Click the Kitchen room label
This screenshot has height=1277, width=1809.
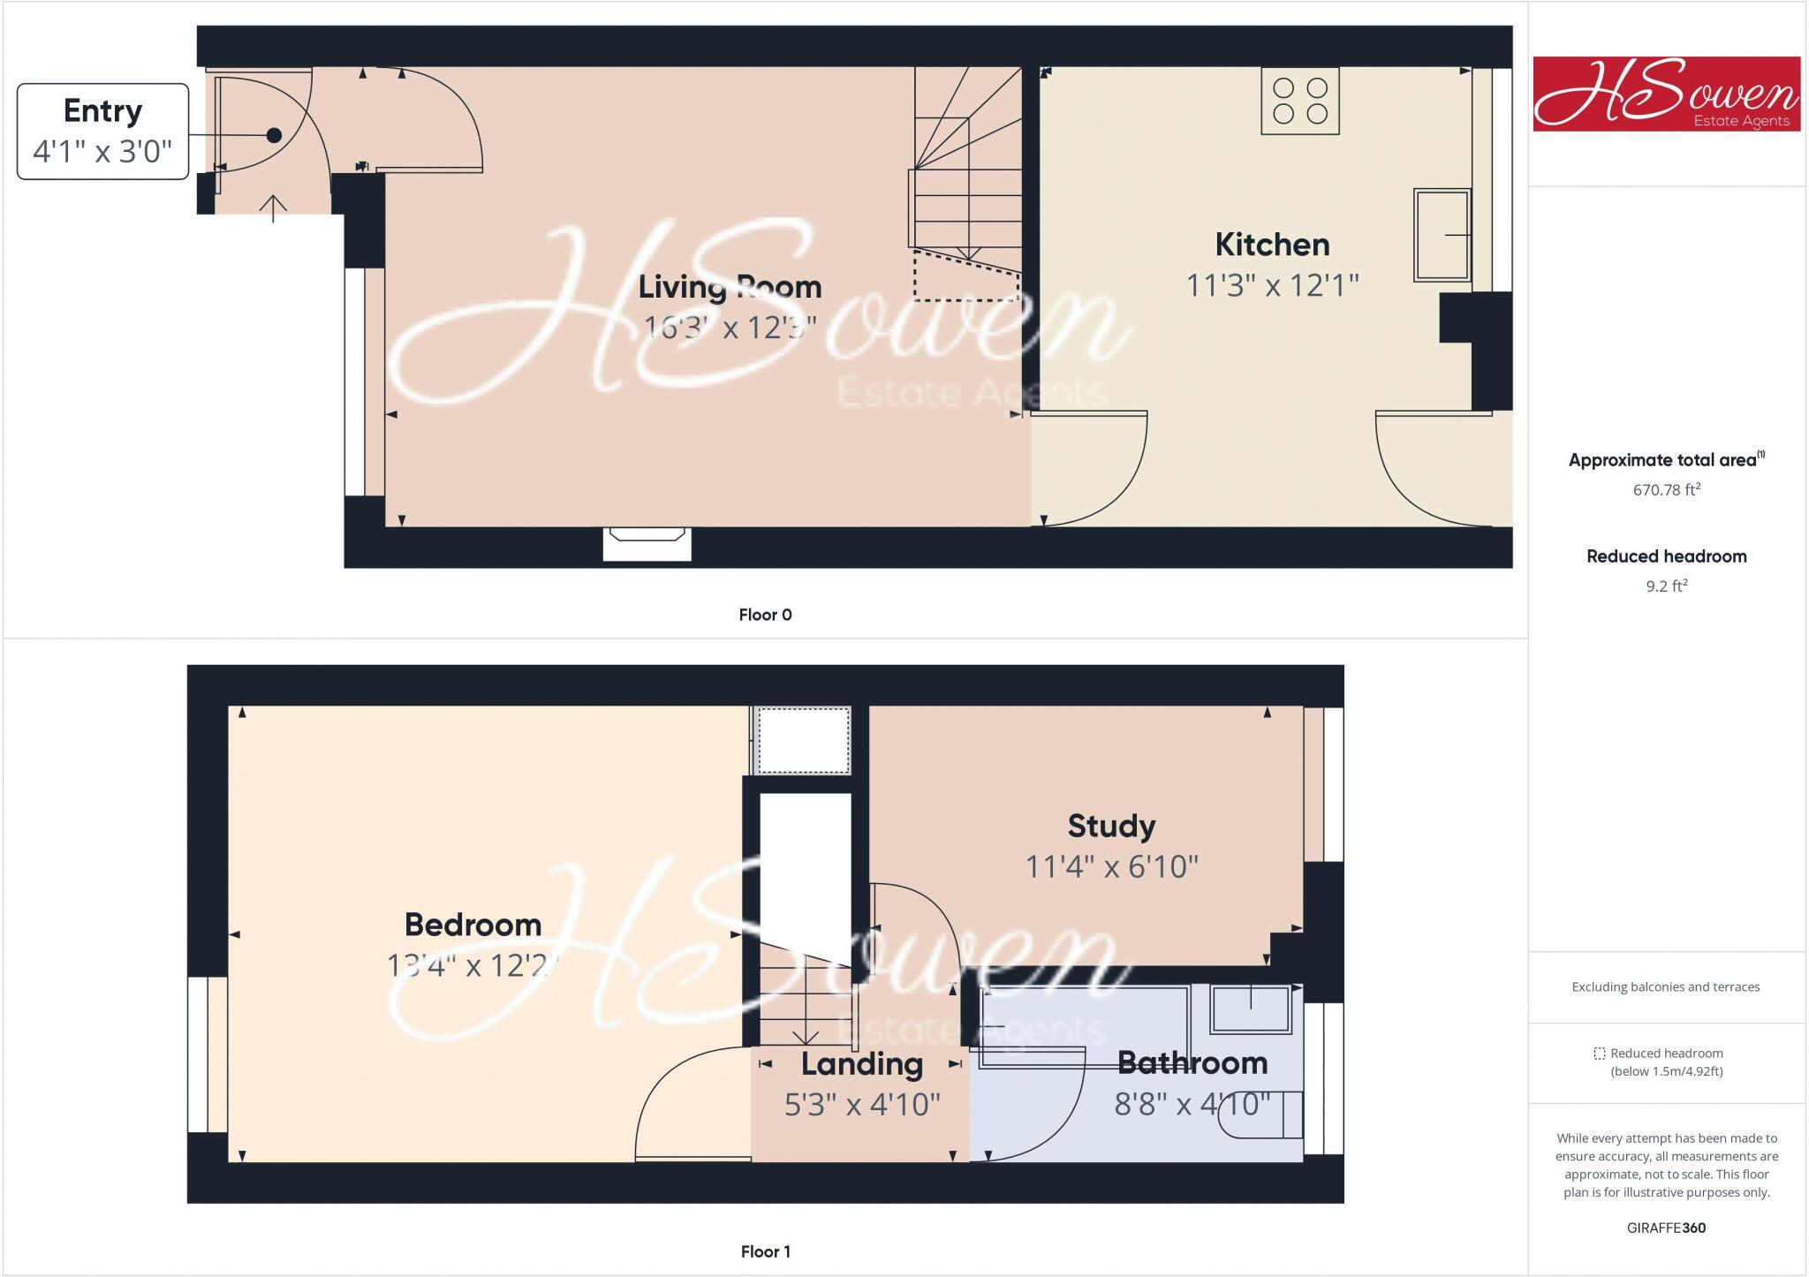tap(1272, 245)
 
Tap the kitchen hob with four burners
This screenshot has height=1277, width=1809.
tap(1299, 101)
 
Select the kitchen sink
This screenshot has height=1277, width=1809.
tap(1442, 235)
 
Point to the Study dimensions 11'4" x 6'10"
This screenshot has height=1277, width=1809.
tap(1111, 866)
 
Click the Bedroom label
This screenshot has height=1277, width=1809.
tap(473, 925)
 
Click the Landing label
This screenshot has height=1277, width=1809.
tap(861, 1064)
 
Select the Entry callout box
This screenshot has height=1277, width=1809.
tap(102, 132)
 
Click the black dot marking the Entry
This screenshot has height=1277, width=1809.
tap(274, 135)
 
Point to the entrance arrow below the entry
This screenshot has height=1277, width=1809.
tap(274, 208)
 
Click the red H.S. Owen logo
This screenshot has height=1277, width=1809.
tap(1666, 94)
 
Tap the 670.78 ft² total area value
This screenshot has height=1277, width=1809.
tap(1666, 489)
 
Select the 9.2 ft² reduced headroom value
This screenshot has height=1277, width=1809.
tap(1666, 586)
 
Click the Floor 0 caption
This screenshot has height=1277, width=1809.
tap(765, 615)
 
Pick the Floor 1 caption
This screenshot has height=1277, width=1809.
tap(765, 1251)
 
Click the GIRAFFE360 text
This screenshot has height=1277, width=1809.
tap(1666, 1228)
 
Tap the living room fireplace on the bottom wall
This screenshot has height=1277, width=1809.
tap(647, 542)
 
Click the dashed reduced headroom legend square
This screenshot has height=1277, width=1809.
tap(1599, 1054)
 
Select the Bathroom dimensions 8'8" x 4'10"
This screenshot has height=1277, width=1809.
tap(1192, 1104)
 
